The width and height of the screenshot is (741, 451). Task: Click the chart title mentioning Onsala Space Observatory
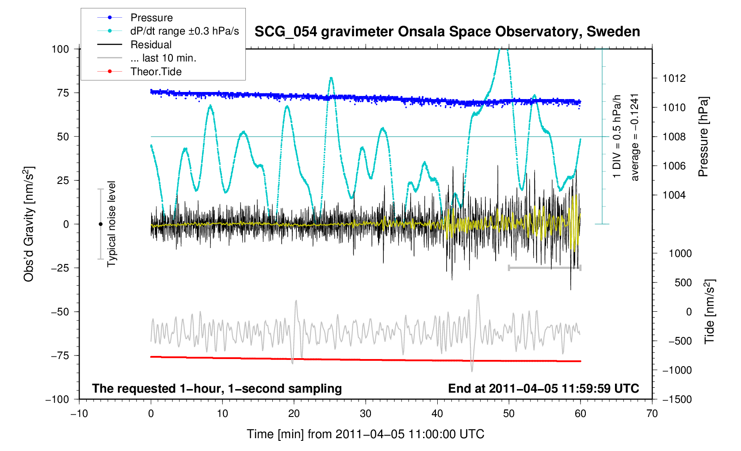pyautogui.click(x=447, y=32)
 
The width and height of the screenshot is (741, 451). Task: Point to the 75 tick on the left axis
pyautogui.click(x=63, y=93)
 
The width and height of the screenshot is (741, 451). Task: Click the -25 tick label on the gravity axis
pyautogui.click(x=60, y=268)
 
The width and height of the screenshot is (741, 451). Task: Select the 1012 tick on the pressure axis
pyautogui.click(x=674, y=78)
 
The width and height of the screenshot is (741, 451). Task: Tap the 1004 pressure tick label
pyautogui.click(x=674, y=195)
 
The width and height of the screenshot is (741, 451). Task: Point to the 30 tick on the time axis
pyautogui.click(x=366, y=413)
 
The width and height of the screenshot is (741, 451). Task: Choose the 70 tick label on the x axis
pyautogui.click(x=652, y=413)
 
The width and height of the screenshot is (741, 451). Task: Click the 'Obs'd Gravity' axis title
pyautogui.click(x=28, y=224)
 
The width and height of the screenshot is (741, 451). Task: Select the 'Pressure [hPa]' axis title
pyautogui.click(x=703, y=137)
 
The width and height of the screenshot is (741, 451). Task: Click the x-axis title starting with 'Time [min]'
pyautogui.click(x=366, y=434)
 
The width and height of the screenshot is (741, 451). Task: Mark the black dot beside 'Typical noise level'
pyautogui.click(x=101, y=224)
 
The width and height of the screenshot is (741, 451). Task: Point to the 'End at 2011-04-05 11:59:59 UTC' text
pyautogui.click(x=543, y=389)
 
